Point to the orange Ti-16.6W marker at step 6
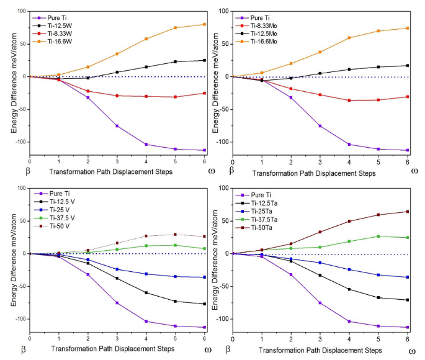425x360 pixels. pos(204,24)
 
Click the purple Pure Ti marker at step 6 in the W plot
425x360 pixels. pos(204,150)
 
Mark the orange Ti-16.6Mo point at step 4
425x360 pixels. pos(349,38)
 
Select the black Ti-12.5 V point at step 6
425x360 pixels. pos(204,304)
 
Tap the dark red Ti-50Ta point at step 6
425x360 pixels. pos(407,212)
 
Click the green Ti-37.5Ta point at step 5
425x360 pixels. pos(378,236)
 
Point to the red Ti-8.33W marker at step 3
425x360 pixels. pos(117,96)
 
